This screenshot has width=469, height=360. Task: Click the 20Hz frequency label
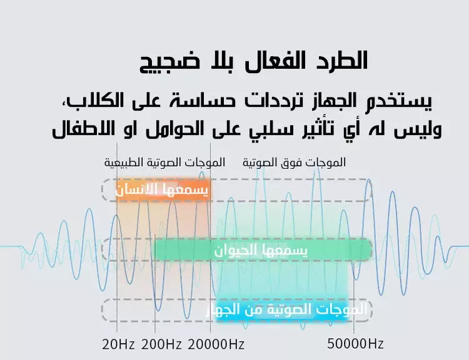(118, 344)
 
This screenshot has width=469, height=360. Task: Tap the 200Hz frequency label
(161, 344)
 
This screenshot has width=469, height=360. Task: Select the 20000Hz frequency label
(216, 344)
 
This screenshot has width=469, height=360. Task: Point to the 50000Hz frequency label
(355, 344)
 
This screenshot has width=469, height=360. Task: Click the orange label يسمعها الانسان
(161, 189)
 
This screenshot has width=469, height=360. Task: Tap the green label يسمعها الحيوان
(261, 250)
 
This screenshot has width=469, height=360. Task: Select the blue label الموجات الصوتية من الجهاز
(286, 310)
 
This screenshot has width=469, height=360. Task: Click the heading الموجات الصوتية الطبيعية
(165, 162)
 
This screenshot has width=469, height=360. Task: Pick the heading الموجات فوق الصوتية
(294, 162)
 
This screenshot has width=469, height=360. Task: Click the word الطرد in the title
(338, 61)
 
